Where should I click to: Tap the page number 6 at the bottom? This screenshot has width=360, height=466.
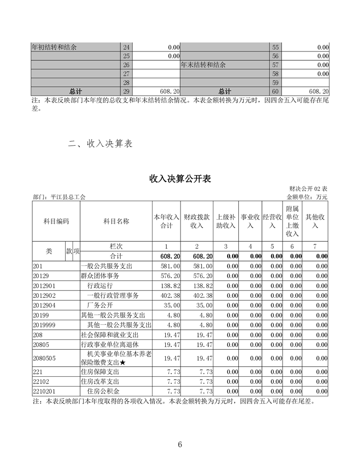pyautogui.click(x=180, y=444)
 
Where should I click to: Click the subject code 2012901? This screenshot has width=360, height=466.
pyautogui.click(x=44, y=285)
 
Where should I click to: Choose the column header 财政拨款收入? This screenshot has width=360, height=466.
pyautogui.click(x=197, y=221)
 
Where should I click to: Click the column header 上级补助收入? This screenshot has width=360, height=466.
pyautogui.click(x=226, y=221)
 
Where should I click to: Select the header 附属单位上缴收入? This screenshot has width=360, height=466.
pyautogui.click(x=292, y=221)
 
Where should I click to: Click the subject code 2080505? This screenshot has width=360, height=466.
pyautogui.click(x=44, y=359)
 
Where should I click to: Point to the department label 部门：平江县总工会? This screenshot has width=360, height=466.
pyautogui.click(x=59, y=197)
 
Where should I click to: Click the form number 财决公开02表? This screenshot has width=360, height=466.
pyautogui.click(x=309, y=189)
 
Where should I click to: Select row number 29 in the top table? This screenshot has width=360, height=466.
pyautogui.click(x=126, y=91)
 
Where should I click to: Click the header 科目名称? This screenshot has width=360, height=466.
pyautogui.click(x=116, y=221)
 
